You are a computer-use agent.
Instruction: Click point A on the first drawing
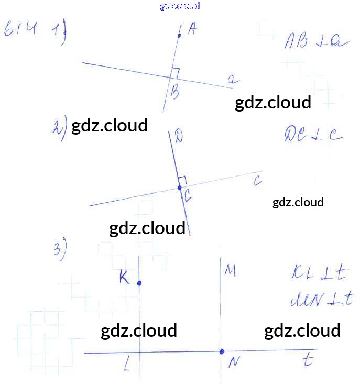179,36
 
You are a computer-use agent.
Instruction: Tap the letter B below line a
175,93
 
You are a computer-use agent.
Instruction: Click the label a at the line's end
233,80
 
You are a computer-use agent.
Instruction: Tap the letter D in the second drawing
179,137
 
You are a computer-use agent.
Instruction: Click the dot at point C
179,187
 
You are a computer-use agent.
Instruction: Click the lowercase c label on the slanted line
257,181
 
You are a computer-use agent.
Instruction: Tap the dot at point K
139,283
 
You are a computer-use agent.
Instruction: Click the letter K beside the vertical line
124,278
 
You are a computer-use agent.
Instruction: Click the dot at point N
222,351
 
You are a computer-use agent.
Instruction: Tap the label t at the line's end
308,361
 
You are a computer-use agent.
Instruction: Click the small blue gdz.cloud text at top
180,6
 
